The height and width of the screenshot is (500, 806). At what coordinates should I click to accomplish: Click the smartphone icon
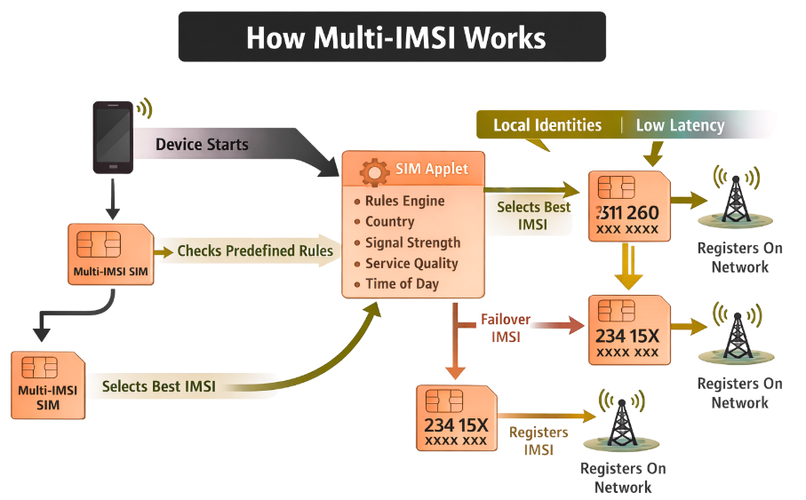tap(113, 137)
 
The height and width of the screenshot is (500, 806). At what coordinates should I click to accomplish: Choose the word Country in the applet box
tap(389, 221)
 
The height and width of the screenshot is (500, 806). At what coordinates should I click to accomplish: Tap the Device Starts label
tap(202, 144)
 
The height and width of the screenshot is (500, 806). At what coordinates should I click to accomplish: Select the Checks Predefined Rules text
tap(255, 251)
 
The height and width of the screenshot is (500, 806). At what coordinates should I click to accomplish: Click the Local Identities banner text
tap(547, 125)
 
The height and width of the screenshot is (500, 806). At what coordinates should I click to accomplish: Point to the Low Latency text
tap(680, 125)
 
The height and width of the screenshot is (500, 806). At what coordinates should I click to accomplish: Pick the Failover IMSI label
tap(505, 327)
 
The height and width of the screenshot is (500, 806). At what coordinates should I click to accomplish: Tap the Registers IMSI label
tap(539, 440)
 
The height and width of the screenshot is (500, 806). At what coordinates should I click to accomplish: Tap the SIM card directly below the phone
tap(110, 254)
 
